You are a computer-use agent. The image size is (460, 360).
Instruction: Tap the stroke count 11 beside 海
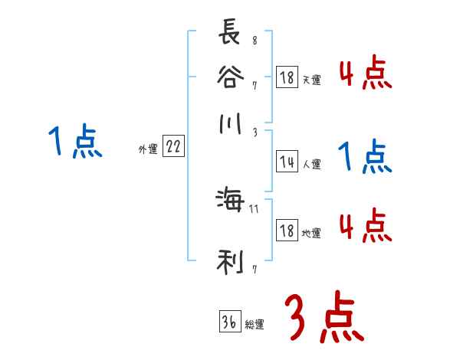point(254,208)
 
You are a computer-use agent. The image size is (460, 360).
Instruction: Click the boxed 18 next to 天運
point(287,77)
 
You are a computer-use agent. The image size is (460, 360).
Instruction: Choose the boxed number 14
point(287,162)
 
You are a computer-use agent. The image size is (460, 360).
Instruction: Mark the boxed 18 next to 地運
point(287,231)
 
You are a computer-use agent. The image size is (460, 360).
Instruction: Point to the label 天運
point(311,80)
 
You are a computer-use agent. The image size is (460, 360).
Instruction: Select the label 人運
point(311,164)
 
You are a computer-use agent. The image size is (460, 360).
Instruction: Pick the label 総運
point(255,325)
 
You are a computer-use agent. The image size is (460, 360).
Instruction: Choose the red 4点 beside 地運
point(366,225)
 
